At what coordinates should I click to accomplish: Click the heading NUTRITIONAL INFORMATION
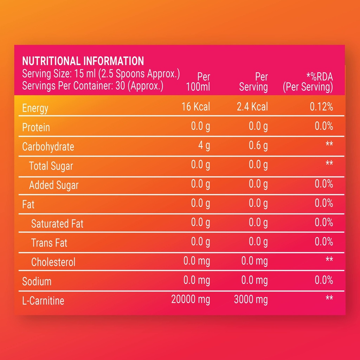83,61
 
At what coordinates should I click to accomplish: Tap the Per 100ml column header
198,82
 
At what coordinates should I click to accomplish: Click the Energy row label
35,108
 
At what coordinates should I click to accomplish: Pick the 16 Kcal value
196,107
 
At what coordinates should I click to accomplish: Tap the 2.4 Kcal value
252,107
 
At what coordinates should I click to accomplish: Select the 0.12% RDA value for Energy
321,107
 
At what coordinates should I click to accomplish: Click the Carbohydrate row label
48,147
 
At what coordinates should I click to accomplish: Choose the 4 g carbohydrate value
204,146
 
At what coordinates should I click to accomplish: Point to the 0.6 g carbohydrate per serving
258,146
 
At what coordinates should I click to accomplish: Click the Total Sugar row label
51,166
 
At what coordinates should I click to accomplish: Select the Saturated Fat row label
57,224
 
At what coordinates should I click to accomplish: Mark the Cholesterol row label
53,262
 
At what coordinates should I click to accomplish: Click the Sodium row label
37,282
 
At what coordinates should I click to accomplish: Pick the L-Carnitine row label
43,301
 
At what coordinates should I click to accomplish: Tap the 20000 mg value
191,300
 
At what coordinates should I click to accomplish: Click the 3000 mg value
251,300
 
